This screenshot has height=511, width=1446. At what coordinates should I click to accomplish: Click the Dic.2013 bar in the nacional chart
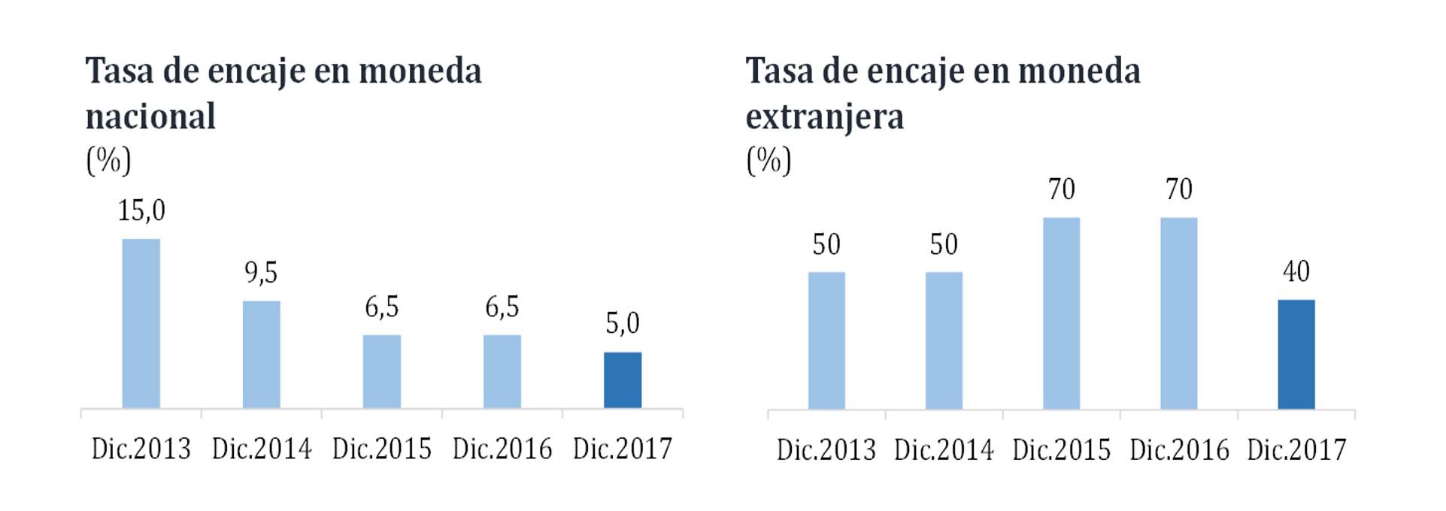141,323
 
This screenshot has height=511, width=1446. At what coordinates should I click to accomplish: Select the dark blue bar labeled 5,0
623,380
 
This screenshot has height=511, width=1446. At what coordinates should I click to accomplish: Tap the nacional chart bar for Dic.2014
262,354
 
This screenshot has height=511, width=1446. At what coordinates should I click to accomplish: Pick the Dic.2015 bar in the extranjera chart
1061,313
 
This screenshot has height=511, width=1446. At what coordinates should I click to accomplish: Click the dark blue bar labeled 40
1296,354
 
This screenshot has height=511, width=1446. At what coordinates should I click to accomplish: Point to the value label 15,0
141,210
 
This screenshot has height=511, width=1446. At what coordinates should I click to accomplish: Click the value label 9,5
262,272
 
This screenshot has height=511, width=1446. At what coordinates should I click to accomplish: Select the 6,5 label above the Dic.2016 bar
502,307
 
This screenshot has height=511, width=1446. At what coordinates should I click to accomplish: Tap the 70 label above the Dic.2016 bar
1178,189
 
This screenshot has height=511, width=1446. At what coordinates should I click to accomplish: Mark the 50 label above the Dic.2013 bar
826,245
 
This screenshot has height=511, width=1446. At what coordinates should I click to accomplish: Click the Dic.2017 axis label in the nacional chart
623,449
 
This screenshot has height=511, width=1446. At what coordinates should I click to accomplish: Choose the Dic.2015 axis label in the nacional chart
382,449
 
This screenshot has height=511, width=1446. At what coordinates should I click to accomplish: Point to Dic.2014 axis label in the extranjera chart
944,450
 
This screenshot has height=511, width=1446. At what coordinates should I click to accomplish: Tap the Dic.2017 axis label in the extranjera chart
1296,450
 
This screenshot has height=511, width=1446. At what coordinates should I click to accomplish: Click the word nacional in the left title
150,117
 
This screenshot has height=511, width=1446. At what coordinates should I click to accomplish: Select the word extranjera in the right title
824,117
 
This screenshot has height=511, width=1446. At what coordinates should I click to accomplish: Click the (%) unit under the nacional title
108,160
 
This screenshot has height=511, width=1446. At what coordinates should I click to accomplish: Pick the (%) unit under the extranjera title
768,160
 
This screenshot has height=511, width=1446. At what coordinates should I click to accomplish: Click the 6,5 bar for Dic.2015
382,371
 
